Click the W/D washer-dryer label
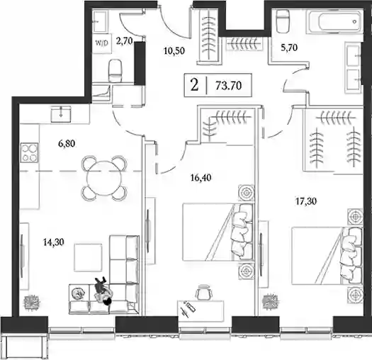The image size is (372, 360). (101, 43)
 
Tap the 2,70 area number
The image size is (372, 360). (124, 41)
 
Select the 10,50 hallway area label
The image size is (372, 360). (174, 51)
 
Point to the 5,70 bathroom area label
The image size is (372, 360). (289, 48)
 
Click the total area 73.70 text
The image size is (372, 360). (228, 85)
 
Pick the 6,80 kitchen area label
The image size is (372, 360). (67, 144)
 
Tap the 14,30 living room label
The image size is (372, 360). (54, 242)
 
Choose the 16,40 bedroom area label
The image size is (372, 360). (201, 177)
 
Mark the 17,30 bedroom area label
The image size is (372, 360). (306, 201)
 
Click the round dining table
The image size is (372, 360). (103, 178)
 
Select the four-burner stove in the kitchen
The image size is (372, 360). (30, 152)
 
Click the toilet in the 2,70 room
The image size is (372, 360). (115, 71)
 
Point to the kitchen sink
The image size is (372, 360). (61, 114)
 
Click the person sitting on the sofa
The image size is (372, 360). (102, 291)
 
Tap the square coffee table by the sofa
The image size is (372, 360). (88, 257)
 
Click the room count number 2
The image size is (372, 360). (194, 85)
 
